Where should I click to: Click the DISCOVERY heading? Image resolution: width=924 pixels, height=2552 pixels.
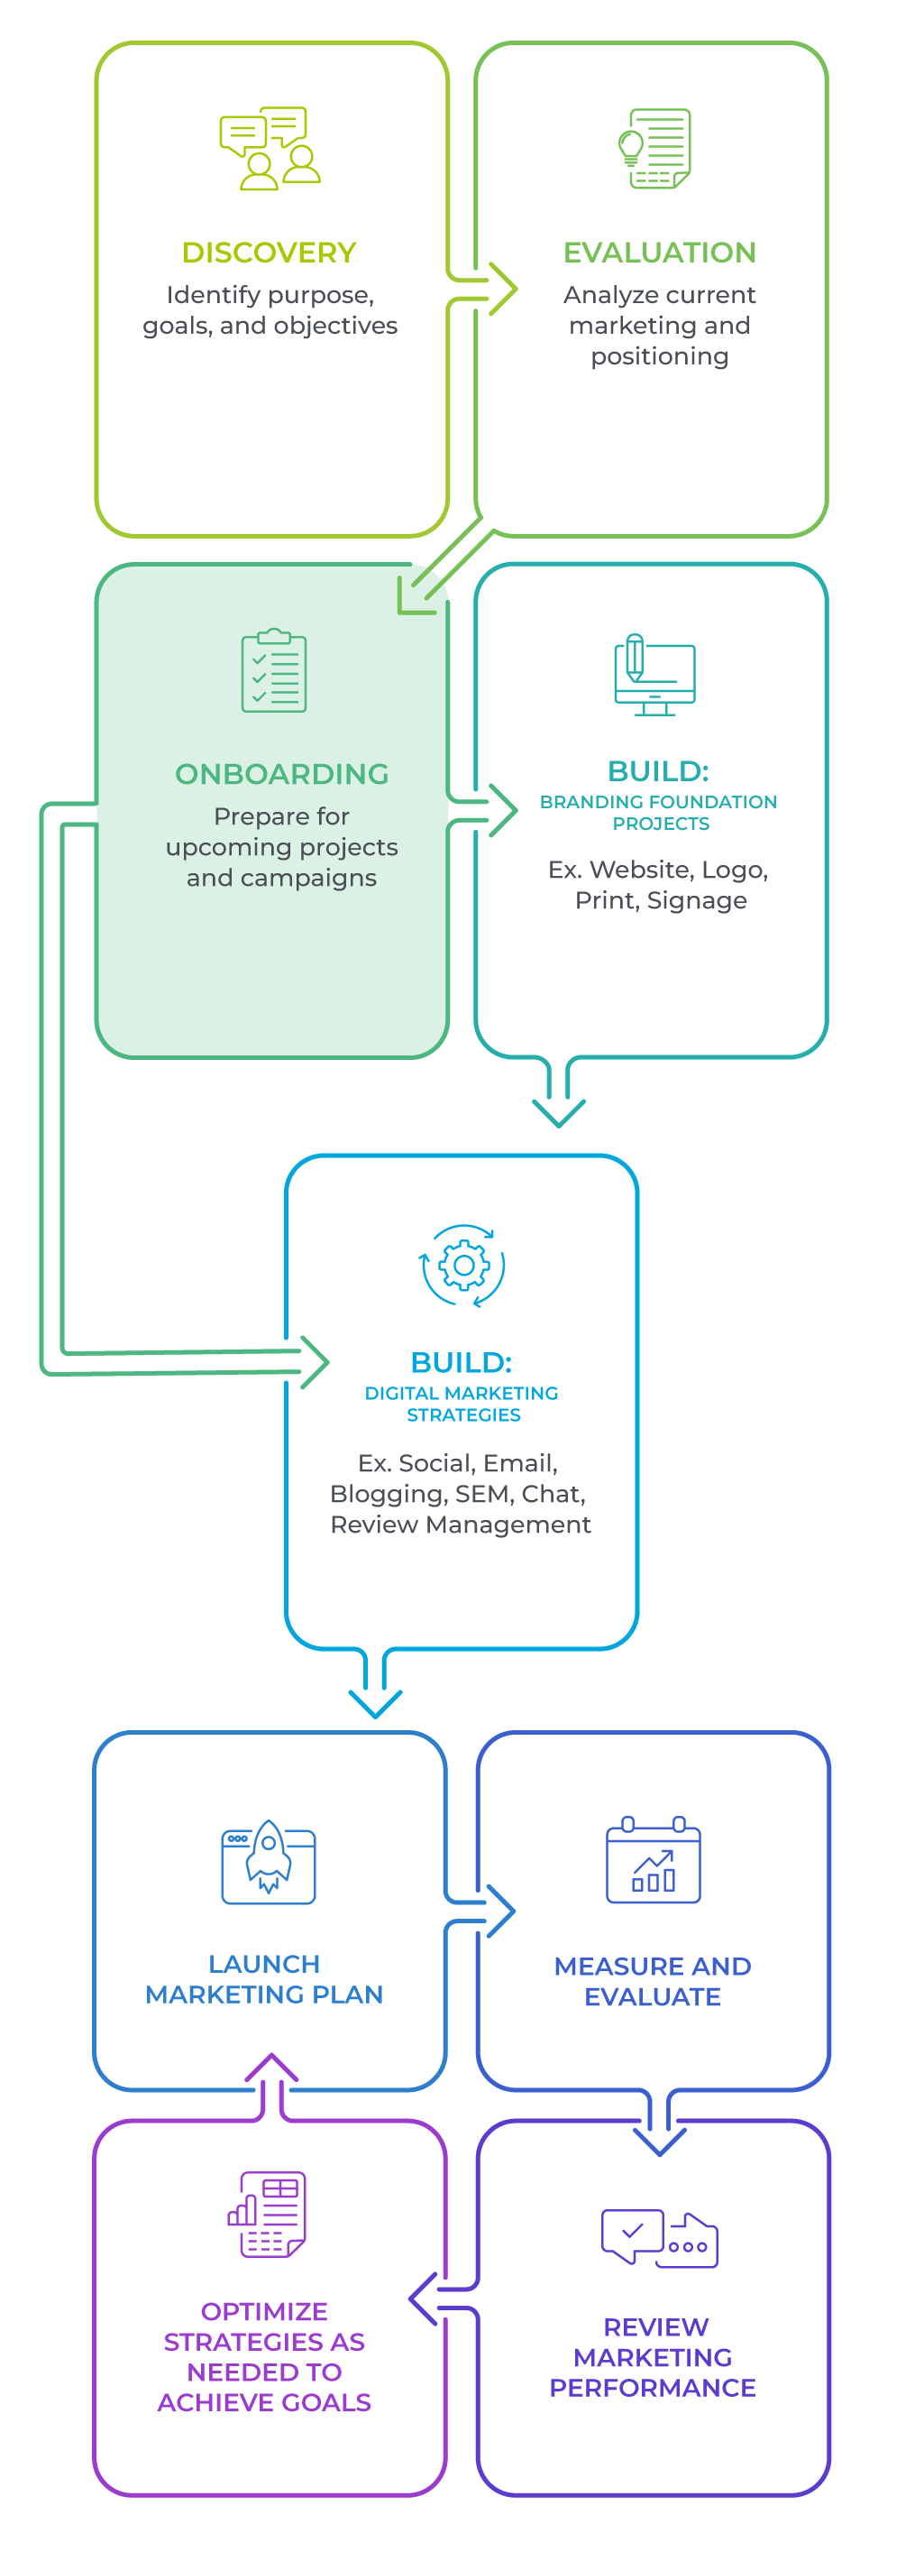coord(270,253)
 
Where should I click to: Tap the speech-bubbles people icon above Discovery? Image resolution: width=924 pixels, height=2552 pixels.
coord(270,148)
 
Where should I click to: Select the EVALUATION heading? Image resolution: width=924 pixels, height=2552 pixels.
coord(660,253)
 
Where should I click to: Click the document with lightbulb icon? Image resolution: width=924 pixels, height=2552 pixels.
coord(654,149)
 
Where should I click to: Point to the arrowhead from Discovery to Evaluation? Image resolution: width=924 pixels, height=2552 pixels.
coord(504,290)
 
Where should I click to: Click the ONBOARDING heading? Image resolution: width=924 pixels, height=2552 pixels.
coord(281,774)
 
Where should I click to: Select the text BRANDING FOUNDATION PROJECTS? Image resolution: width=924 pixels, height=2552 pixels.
coord(659,813)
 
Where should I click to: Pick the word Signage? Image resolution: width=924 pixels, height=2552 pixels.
coord(710,900)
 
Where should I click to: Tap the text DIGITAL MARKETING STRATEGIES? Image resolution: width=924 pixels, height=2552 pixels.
coord(462,1404)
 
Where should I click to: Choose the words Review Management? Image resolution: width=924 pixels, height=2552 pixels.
coord(461,1525)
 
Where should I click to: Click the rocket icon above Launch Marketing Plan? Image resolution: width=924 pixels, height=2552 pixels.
coord(269,1860)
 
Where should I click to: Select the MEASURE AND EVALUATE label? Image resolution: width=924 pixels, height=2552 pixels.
coord(653,1981)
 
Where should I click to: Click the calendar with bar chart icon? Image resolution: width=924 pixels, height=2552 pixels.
coord(654,1859)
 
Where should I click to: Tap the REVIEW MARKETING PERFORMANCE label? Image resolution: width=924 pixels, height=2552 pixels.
coord(653,2357)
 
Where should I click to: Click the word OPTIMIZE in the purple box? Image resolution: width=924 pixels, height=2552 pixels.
coord(264,2311)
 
